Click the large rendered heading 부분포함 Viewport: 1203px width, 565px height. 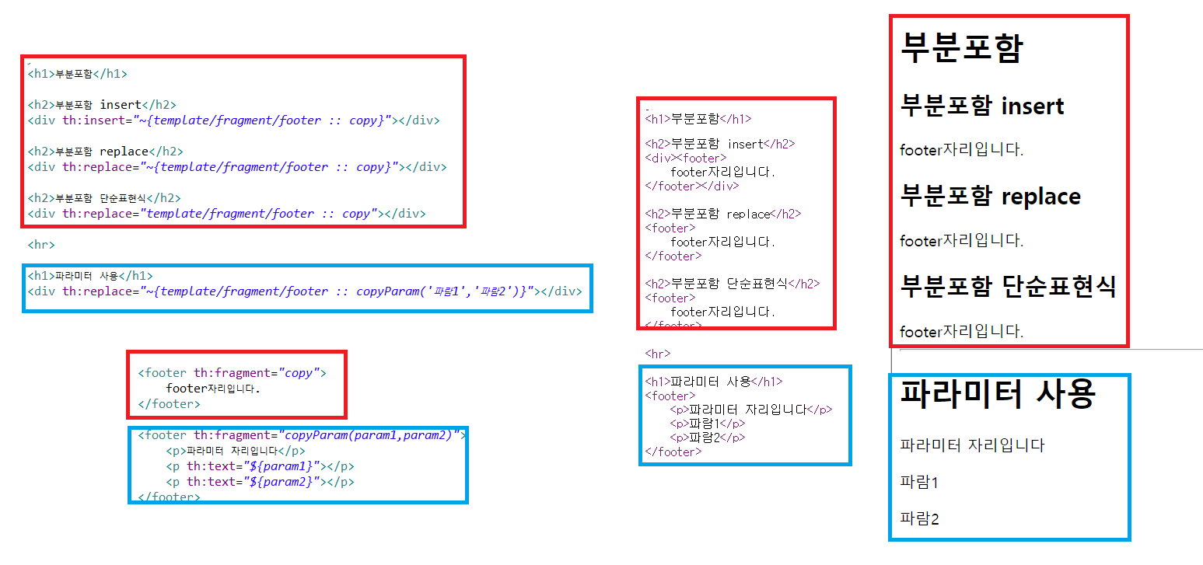point(962,48)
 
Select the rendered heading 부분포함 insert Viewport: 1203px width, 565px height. point(982,106)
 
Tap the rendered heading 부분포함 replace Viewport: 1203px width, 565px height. point(990,196)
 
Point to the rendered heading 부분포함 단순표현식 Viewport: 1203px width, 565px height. point(1008,286)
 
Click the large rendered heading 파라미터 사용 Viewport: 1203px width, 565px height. point(998,394)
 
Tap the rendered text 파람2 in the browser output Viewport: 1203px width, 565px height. point(919,518)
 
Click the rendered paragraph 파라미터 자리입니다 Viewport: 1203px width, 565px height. point(972,445)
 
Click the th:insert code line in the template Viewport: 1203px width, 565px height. point(233,120)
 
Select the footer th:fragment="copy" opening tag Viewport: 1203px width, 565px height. point(232,373)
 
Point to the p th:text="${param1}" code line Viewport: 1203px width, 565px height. point(260,466)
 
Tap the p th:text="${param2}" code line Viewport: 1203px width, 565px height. point(260,482)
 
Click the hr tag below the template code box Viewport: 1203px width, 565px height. point(41,245)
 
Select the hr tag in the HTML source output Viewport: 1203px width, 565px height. point(658,354)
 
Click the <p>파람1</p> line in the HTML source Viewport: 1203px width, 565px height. point(708,424)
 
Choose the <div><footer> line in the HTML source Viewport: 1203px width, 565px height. point(686,158)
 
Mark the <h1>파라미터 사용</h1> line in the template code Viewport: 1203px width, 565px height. point(90,276)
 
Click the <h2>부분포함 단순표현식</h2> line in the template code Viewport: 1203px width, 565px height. point(104,198)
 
